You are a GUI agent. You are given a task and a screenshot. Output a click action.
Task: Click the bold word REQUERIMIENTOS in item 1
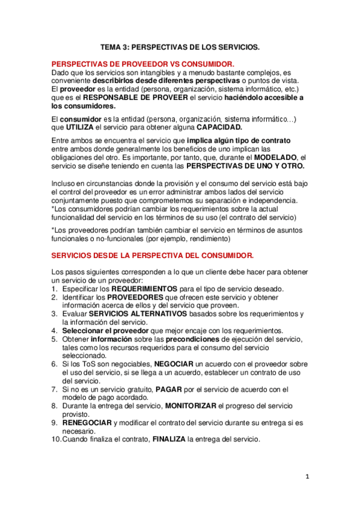click(145, 289)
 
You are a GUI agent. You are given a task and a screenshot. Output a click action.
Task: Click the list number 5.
click(54, 339)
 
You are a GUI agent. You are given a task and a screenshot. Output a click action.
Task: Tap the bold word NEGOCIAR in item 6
click(174, 364)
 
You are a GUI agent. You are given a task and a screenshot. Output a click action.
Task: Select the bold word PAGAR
click(169, 390)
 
